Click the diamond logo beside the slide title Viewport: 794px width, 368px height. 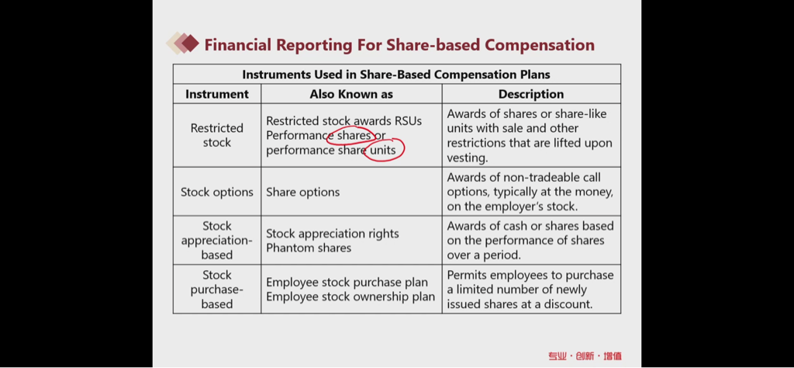pos(183,43)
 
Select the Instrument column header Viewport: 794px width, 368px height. pos(217,94)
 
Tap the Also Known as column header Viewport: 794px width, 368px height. pos(351,94)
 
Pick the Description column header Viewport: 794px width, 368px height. pos(531,94)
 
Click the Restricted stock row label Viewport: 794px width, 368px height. pos(217,135)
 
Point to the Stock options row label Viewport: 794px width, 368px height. pos(217,192)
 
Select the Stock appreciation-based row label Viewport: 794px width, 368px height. pos(217,240)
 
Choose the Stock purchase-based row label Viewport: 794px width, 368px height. pos(217,290)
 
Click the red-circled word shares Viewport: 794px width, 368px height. pos(354,136)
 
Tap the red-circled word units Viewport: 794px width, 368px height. pos(383,150)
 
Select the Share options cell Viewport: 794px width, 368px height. pos(303,192)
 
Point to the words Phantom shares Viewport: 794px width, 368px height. pos(309,248)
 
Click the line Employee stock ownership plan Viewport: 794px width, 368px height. pos(350,297)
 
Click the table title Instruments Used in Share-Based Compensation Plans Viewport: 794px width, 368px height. pos(396,75)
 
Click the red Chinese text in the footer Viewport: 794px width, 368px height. pos(585,356)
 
